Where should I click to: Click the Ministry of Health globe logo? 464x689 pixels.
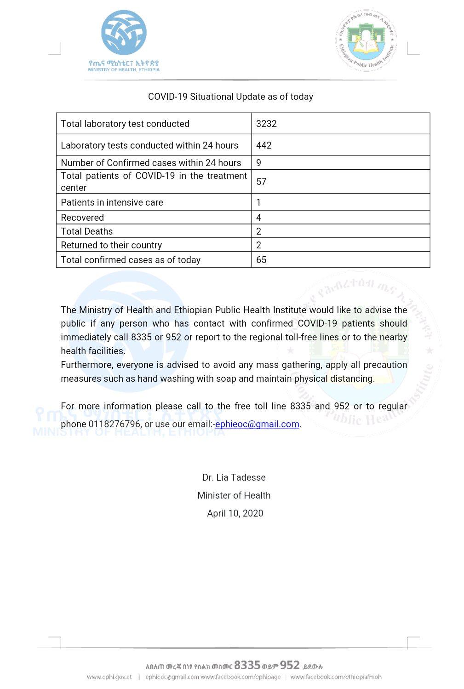click(x=124, y=33)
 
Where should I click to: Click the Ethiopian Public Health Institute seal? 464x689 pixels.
click(x=366, y=41)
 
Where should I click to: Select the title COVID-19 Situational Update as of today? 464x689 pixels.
click(x=230, y=97)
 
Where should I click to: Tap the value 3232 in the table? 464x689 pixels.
click(x=266, y=124)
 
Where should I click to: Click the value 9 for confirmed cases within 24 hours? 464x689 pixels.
click(x=259, y=163)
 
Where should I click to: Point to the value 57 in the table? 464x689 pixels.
click(x=261, y=182)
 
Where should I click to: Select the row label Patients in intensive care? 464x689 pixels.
click(x=112, y=202)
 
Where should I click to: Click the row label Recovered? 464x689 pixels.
click(x=82, y=218)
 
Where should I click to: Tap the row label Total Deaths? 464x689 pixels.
click(x=86, y=231)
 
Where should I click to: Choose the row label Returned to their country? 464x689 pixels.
click(x=111, y=245)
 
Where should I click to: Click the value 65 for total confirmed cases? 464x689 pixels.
click(x=261, y=260)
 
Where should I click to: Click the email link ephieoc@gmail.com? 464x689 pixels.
click(x=257, y=424)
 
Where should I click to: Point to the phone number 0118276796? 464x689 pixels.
click(x=115, y=424)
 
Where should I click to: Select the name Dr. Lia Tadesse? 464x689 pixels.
click(x=234, y=477)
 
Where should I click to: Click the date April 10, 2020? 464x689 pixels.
click(x=235, y=513)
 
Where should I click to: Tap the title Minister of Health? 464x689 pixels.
click(x=234, y=495)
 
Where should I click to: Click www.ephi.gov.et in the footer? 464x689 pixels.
click(x=109, y=677)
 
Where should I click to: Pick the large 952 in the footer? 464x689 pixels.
click(x=290, y=665)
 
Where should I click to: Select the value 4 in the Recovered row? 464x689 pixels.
click(x=259, y=218)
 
